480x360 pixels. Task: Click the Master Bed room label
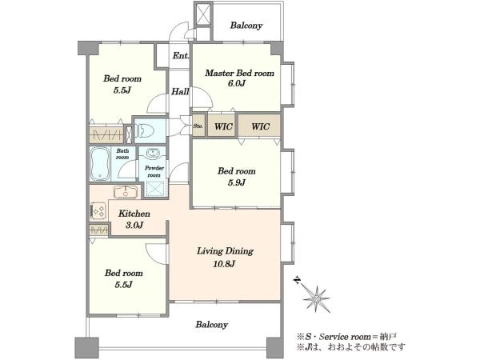[x=239, y=73]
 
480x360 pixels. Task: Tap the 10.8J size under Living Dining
[x=224, y=263]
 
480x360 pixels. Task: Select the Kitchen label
[x=134, y=214]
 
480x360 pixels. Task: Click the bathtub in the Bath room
[x=101, y=164]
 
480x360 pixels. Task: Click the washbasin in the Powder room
[x=153, y=153]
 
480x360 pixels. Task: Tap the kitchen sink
[x=126, y=192]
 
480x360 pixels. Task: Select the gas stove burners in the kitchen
[x=98, y=211]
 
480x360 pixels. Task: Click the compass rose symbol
[x=315, y=298]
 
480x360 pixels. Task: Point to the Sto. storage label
[x=198, y=126]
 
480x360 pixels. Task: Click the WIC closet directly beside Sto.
[x=223, y=126]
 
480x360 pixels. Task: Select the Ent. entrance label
[x=181, y=56]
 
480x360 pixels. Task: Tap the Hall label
[x=180, y=91]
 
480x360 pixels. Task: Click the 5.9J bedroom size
[x=237, y=182]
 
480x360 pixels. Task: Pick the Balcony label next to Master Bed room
[x=246, y=25]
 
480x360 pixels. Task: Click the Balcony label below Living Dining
[x=211, y=325]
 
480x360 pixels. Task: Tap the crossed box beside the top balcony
[x=203, y=14]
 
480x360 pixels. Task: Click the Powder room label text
[x=154, y=171]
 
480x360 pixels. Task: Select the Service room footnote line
[x=346, y=337]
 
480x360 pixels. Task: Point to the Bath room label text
[x=122, y=154]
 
